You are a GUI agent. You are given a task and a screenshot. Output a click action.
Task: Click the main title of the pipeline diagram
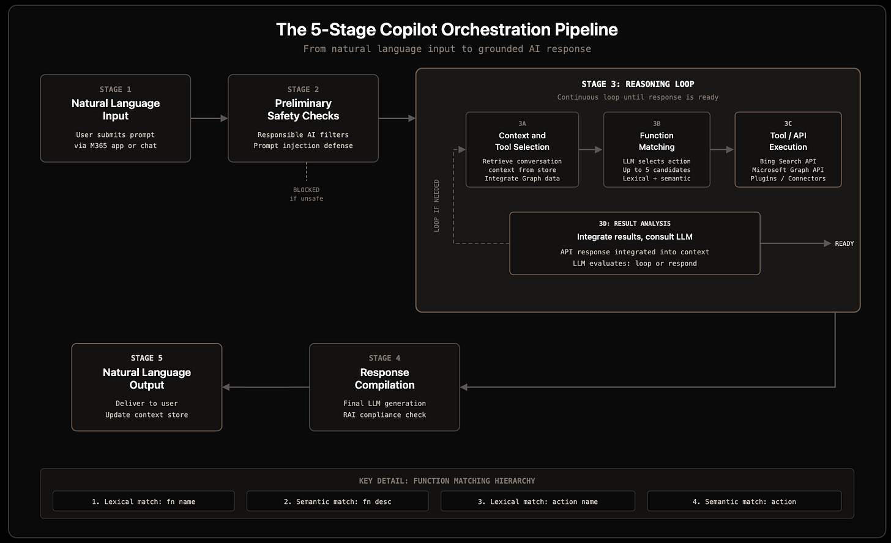pos(447,30)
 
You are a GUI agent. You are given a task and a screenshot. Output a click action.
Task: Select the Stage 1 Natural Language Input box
pos(115,118)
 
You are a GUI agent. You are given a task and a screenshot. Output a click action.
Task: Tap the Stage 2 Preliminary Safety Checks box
pos(303,118)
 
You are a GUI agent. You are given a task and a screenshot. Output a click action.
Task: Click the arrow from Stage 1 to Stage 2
pos(209,118)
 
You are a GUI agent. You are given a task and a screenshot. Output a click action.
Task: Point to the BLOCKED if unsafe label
pos(306,194)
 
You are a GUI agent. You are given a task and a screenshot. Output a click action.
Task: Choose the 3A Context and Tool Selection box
pos(522,149)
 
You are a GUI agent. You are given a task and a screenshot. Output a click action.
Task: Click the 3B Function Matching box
pos(656,149)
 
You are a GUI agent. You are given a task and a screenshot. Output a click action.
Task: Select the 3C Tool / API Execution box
pos(788,149)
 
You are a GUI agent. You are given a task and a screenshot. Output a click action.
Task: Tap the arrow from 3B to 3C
pos(722,149)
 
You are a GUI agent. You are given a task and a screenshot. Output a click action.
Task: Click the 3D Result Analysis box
pos(635,243)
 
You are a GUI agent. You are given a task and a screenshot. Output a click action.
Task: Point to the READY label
pos(844,243)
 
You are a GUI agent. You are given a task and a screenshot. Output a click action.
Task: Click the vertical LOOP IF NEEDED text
pos(436,205)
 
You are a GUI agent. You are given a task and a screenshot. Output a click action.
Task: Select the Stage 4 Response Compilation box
pos(384,387)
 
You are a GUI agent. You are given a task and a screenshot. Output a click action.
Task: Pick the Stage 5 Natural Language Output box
pos(147,387)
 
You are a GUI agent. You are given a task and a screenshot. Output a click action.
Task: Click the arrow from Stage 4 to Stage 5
pos(266,387)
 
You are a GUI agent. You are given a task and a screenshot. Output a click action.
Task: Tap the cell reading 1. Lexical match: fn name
pos(144,501)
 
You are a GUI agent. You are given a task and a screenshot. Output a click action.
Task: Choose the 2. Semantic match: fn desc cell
pos(337,501)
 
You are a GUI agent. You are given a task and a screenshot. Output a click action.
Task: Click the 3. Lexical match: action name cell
pos(538,501)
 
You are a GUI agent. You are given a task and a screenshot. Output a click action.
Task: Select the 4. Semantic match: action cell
pos(744,501)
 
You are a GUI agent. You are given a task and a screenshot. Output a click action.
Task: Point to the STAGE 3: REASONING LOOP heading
pos(638,84)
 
